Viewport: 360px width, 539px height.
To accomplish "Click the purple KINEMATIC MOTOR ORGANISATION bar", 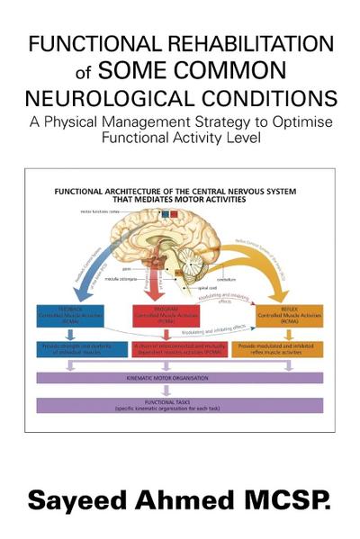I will [x=178, y=378].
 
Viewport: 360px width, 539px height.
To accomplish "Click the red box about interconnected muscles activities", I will [x=178, y=347].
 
